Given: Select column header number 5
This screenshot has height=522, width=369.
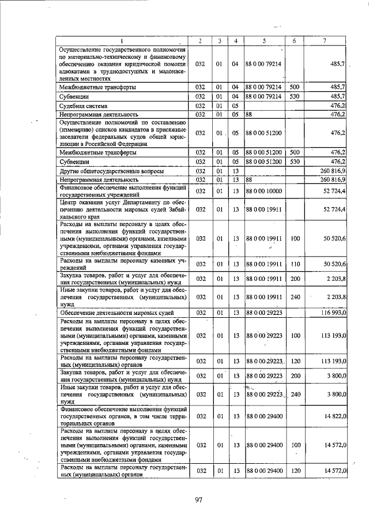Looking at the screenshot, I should coord(263,41).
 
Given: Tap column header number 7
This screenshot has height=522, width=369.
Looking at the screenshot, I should coord(326,41).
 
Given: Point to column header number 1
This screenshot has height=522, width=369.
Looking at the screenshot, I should coord(122,41).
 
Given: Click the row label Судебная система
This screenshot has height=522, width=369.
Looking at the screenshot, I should coord(84,106).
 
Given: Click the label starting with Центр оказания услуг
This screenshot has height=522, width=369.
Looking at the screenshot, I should coord(122,209).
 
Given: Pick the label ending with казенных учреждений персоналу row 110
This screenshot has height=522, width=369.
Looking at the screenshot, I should coord(122,264).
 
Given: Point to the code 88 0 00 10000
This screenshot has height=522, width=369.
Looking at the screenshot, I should coord(263,191).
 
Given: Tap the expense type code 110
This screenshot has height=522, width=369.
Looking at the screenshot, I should coord(295,264).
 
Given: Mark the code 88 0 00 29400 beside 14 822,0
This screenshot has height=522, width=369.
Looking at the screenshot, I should coord(263,415).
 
